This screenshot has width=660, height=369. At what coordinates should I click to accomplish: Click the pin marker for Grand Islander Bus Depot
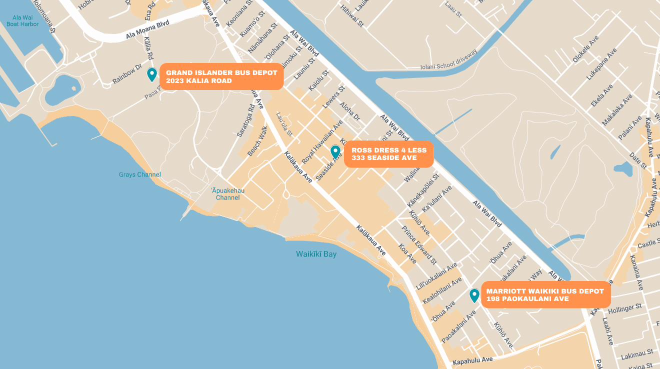pyautogui.click(x=152, y=74)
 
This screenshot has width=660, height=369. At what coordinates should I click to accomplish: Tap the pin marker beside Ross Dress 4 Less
pyautogui.click(x=335, y=152)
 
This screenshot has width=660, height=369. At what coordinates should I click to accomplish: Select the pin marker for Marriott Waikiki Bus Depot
pyautogui.click(x=474, y=295)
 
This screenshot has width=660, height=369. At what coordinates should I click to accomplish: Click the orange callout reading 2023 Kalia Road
pyautogui.click(x=221, y=76)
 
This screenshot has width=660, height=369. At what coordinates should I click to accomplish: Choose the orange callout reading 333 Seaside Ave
pyautogui.click(x=388, y=154)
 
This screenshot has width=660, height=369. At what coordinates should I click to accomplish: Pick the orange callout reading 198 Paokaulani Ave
pyautogui.click(x=545, y=295)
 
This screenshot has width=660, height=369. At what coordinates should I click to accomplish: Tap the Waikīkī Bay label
pyautogui.click(x=316, y=254)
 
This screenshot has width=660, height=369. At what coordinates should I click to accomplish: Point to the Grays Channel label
pyautogui.click(x=140, y=174)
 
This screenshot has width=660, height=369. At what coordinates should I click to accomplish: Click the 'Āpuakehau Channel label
pyautogui.click(x=227, y=193)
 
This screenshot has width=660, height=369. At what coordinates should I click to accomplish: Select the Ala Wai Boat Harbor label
pyautogui.click(x=22, y=20)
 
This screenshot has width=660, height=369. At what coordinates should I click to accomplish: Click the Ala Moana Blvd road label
pyautogui.click(x=147, y=30)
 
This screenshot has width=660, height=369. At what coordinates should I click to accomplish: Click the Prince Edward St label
pyautogui.click(x=419, y=244)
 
